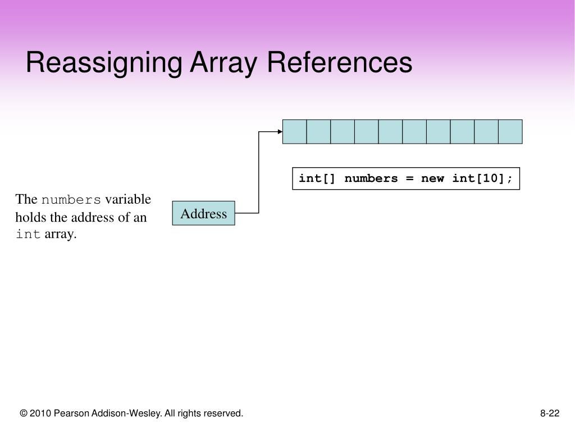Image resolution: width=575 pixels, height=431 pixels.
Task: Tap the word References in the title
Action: (339, 62)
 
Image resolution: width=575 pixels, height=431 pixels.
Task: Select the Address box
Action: (203, 213)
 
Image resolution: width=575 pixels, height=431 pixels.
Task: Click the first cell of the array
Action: (294, 131)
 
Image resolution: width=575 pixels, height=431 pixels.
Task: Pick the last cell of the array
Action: (510, 131)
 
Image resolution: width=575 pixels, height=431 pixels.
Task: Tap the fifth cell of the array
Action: (390, 131)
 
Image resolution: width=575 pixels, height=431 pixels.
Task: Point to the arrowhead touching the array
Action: (280, 132)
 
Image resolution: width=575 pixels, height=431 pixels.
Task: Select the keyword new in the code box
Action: (432, 178)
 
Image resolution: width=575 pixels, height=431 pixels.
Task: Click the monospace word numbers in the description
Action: (71, 200)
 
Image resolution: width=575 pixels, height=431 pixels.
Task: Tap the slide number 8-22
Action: (550, 414)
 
